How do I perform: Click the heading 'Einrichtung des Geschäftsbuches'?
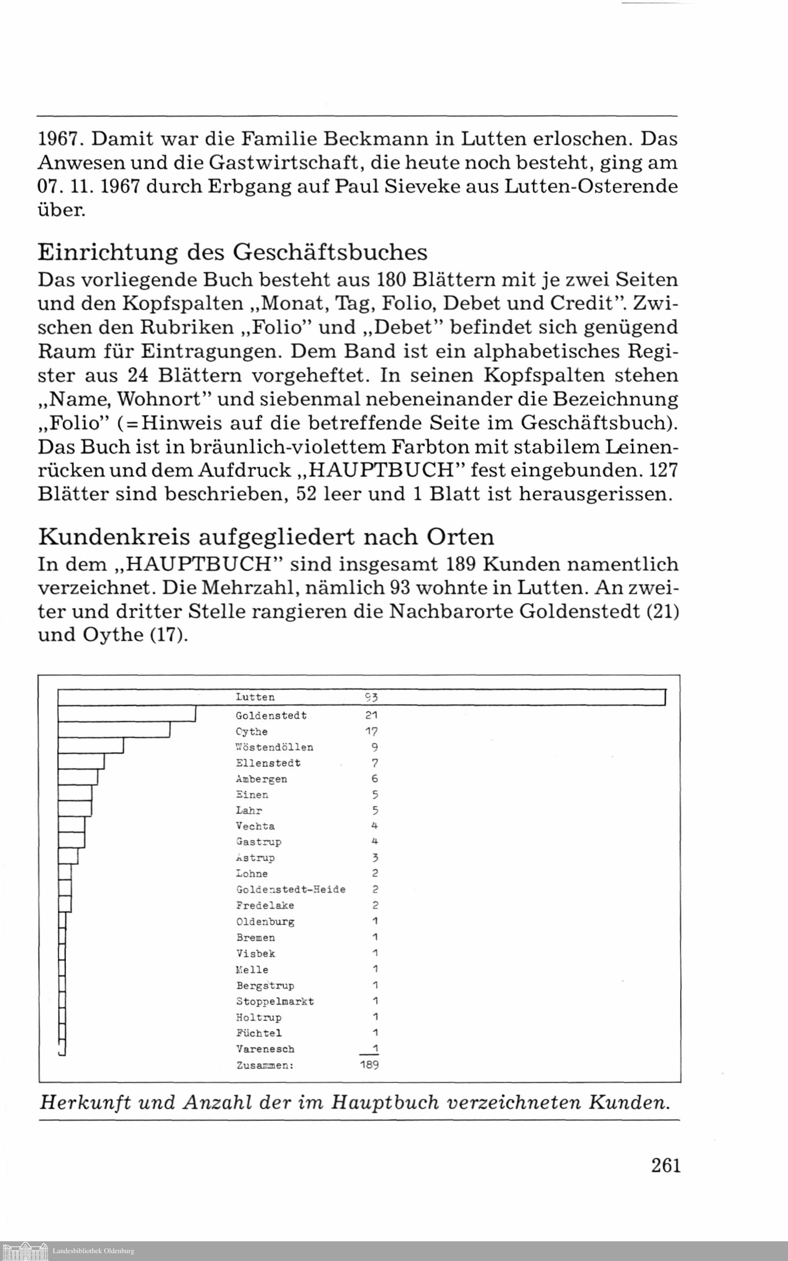point(232,252)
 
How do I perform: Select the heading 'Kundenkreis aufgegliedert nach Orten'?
point(266,537)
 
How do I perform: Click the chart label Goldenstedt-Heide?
point(291,889)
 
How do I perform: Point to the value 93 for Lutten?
point(371,697)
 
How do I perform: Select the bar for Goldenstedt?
point(126,713)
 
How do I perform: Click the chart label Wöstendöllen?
point(275,747)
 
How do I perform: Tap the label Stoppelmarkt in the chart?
point(275,1001)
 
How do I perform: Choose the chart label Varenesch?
point(265,1049)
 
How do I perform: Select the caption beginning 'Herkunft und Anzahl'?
point(354,1102)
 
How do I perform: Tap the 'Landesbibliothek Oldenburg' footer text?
point(93,1251)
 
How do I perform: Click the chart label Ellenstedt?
point(268,763)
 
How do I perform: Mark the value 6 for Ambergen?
point(375,779)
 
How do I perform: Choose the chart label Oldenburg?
point(265,922)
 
